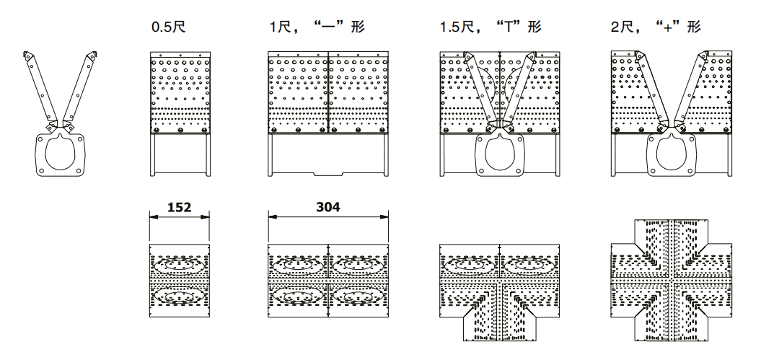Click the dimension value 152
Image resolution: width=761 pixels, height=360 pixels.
[x=179, y=208]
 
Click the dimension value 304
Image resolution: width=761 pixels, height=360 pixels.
[x=328, y=207]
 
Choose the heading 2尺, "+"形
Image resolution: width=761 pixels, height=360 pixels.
[x=655, y=27]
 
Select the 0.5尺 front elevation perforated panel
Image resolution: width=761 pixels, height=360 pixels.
[x=180, y=94]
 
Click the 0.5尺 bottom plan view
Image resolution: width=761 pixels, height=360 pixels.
[x=180, y=281]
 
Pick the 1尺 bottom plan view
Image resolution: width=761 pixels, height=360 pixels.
[x=328, y=281]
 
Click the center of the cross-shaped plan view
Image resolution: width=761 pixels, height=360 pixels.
[x=672, y=281]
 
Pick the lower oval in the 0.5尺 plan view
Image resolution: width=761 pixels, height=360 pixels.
[x=180, y=296]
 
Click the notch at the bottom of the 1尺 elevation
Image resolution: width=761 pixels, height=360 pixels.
[x=328, y=174]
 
